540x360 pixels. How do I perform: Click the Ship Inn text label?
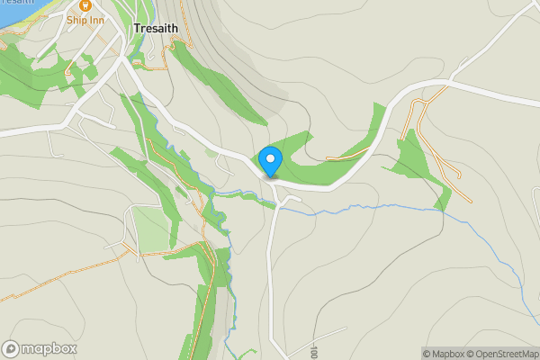pyautogui.click(x=84, y=20)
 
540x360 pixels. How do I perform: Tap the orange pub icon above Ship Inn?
pyautogui.click(x=84, y=4)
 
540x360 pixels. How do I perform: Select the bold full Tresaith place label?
pyautogui.click(x=156, y=29)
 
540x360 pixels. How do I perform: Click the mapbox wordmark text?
pyautogui.click(x=49, y=348)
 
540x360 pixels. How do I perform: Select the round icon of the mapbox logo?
pyautogui.click(x=12, y=348)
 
